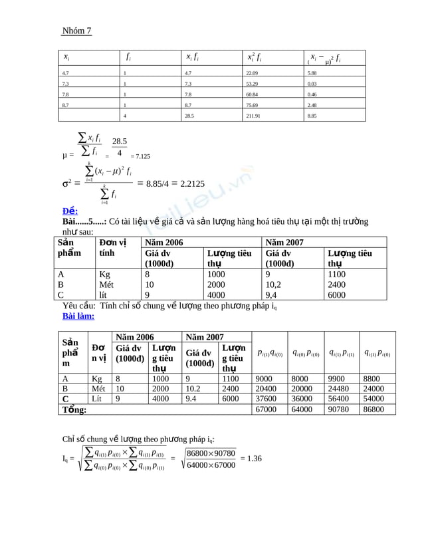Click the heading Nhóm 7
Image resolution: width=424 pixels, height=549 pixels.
point(76,31)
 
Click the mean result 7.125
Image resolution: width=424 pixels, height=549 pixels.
point(140,156)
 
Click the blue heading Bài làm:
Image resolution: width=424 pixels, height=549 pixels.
point(78,316)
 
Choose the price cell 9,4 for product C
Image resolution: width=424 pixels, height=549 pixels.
point(272,295)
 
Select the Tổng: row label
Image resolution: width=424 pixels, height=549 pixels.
point(74,410)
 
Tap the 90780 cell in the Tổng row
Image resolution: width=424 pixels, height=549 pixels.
point(341,410)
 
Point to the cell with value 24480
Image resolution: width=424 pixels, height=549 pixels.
point(341,389)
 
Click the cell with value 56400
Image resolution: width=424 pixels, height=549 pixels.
point(341,399)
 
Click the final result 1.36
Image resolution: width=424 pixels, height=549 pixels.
point(251,458)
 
